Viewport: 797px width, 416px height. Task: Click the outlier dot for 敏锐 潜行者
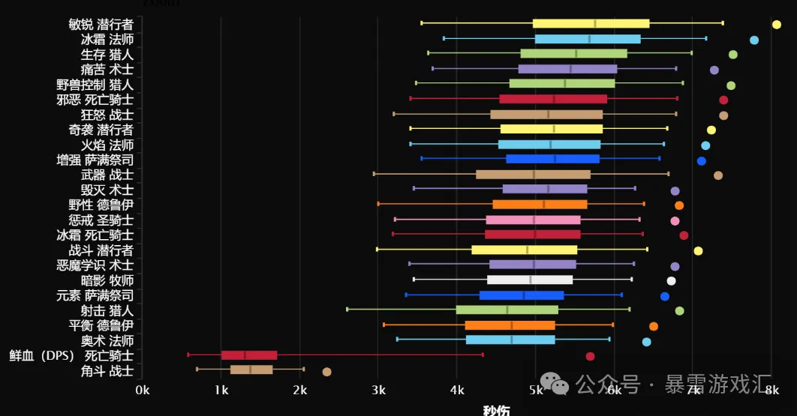[x=777, y=25]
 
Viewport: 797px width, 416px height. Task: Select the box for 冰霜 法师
[x=588, y=39]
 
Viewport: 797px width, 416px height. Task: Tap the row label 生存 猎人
[x=107, y=54]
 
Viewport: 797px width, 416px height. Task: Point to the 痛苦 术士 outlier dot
[x=714, y=70]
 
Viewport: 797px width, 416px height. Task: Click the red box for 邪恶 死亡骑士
[x=553, y=99]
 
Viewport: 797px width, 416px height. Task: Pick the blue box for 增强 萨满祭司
[x=552, y=159]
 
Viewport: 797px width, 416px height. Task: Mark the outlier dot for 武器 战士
[x=718, y=175]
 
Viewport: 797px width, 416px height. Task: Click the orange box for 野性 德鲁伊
[x=540, y=204]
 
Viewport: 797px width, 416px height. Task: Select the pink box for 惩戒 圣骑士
[x=533, y=220]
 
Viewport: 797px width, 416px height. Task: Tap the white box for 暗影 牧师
[x=530, y=280]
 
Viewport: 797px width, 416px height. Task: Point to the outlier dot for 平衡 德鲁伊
[x=654, y=326]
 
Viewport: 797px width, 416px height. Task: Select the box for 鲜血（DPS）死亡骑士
[x=249, y=355]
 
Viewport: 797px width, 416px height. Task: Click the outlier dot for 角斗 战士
[x=326, y=372]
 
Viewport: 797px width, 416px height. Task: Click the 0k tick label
[x=143, y=390]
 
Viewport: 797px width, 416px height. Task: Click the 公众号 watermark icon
[x=560, y=385]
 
